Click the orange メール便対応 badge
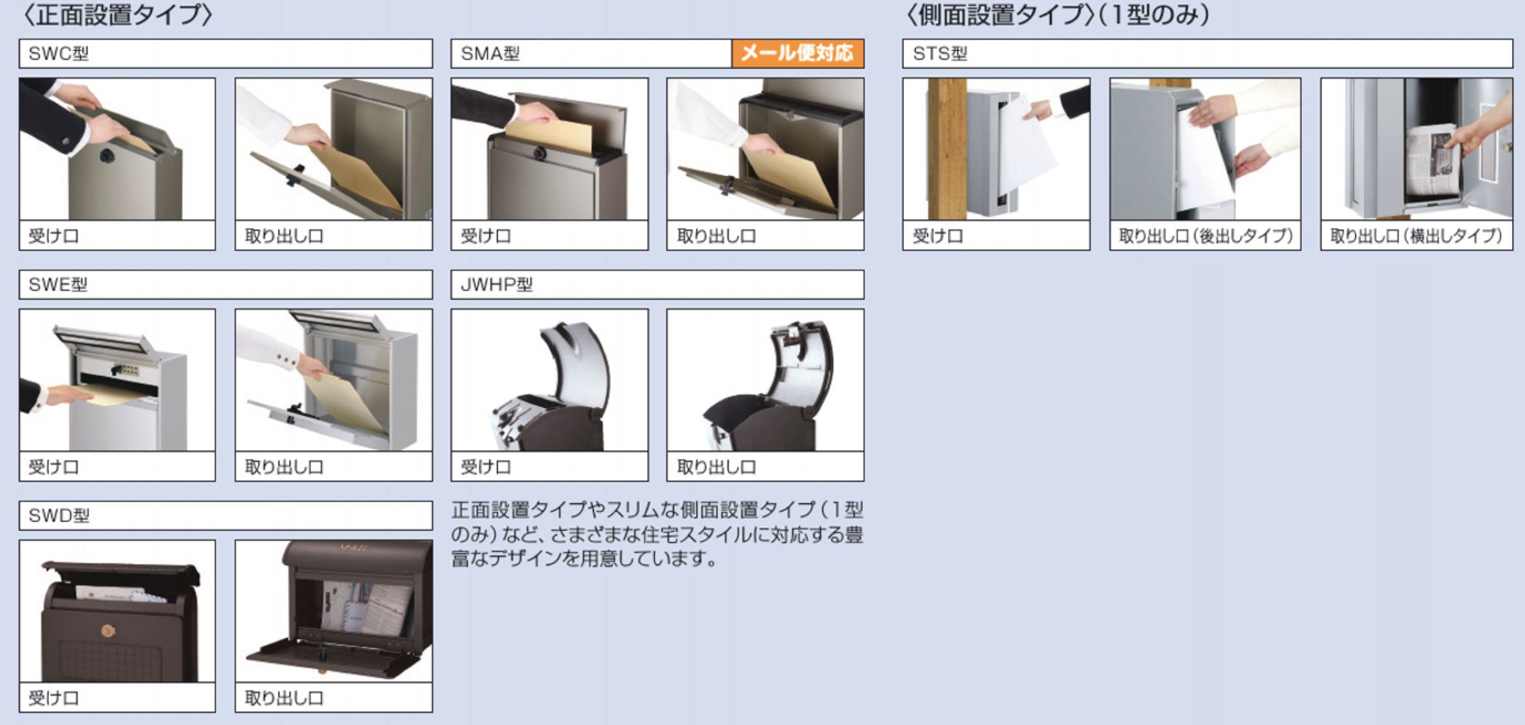click(x=797, y=54)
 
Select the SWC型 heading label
click(x=59, y=54)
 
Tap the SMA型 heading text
click(x=491, y=54)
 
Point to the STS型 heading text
click(x=940, y=54)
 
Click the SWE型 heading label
click(x=58, y=285)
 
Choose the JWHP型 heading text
click(x=497, y=285)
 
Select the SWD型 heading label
click(x=59, y=516)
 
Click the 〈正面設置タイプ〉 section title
click(x=117, y=15)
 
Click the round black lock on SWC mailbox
click(x=106, y=155)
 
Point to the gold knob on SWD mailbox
click(x=108, y=630)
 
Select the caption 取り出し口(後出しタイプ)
click(x=1205, y=236)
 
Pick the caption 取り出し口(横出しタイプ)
click(x=1416, y=236)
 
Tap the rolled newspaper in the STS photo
click(x=1430, y=160)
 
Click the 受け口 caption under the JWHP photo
click(x=486, y=467)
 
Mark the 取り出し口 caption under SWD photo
click(x=284, y=698)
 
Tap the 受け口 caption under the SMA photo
click(x=486, y=236)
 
